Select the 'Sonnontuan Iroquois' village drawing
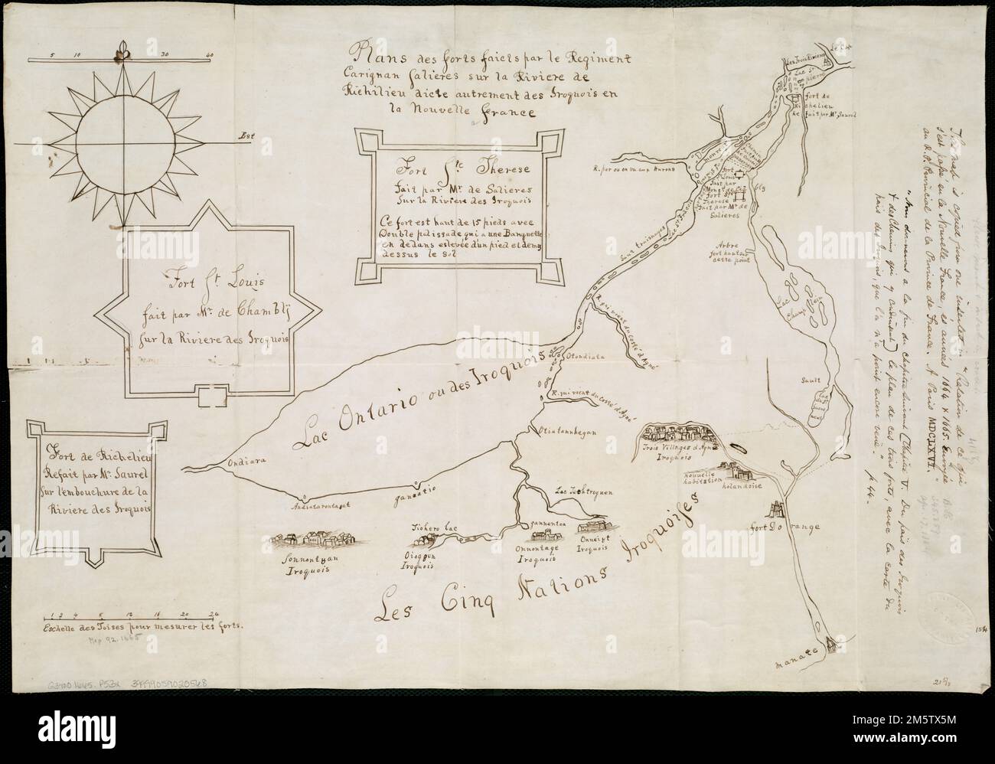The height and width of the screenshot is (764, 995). coord(315,540)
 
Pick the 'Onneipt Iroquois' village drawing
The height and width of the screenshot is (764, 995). coord(598,528)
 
